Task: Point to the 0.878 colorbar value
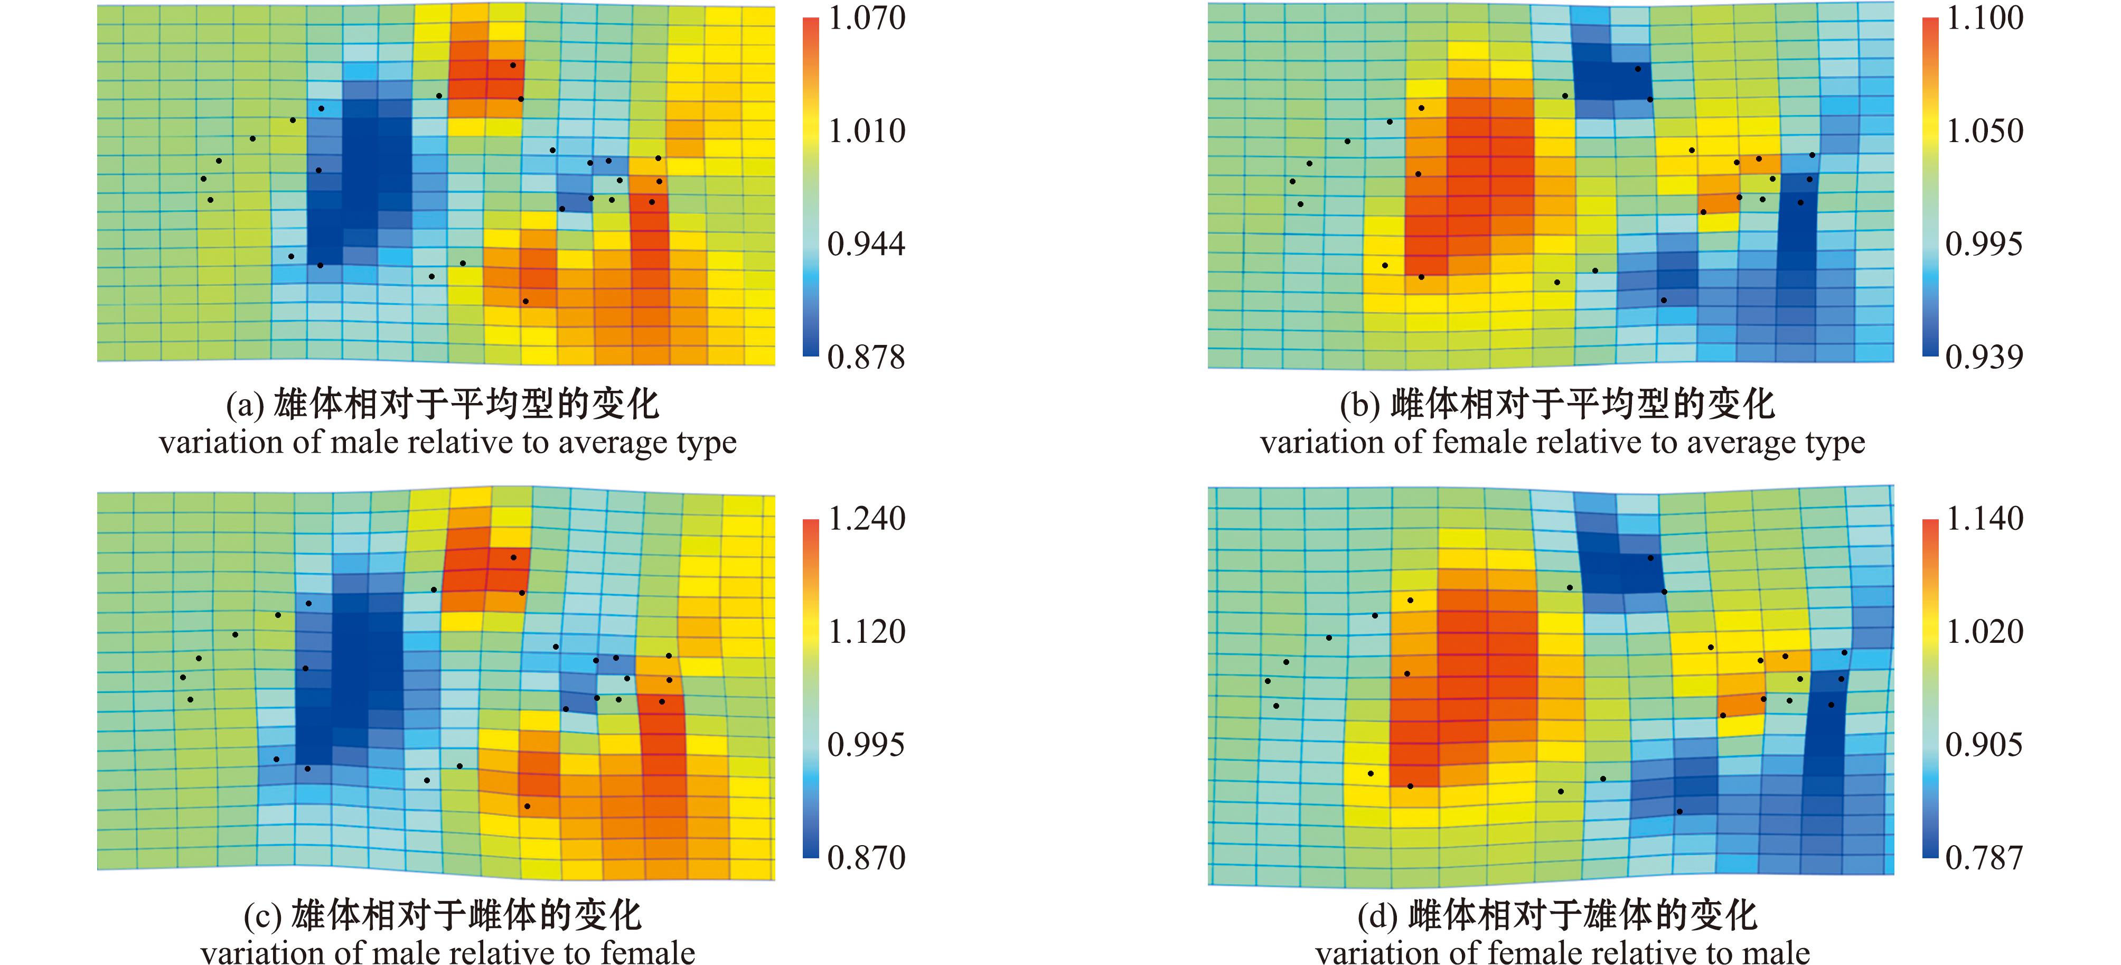pos(866,358)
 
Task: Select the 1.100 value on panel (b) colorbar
pos(1984,18)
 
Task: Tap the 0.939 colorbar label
pos(1984,358)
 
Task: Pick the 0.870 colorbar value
pos(866,858)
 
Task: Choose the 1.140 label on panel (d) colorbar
pos(1984,519)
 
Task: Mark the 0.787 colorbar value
pos(1984,858)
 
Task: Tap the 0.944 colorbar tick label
pos(866,243)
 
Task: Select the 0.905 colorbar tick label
pos(1984,744)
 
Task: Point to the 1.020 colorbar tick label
pos(1984,632)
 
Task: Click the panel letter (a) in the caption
pos(245,405)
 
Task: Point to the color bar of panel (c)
pos(811,688)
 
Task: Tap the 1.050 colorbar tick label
pos(1984,131)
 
